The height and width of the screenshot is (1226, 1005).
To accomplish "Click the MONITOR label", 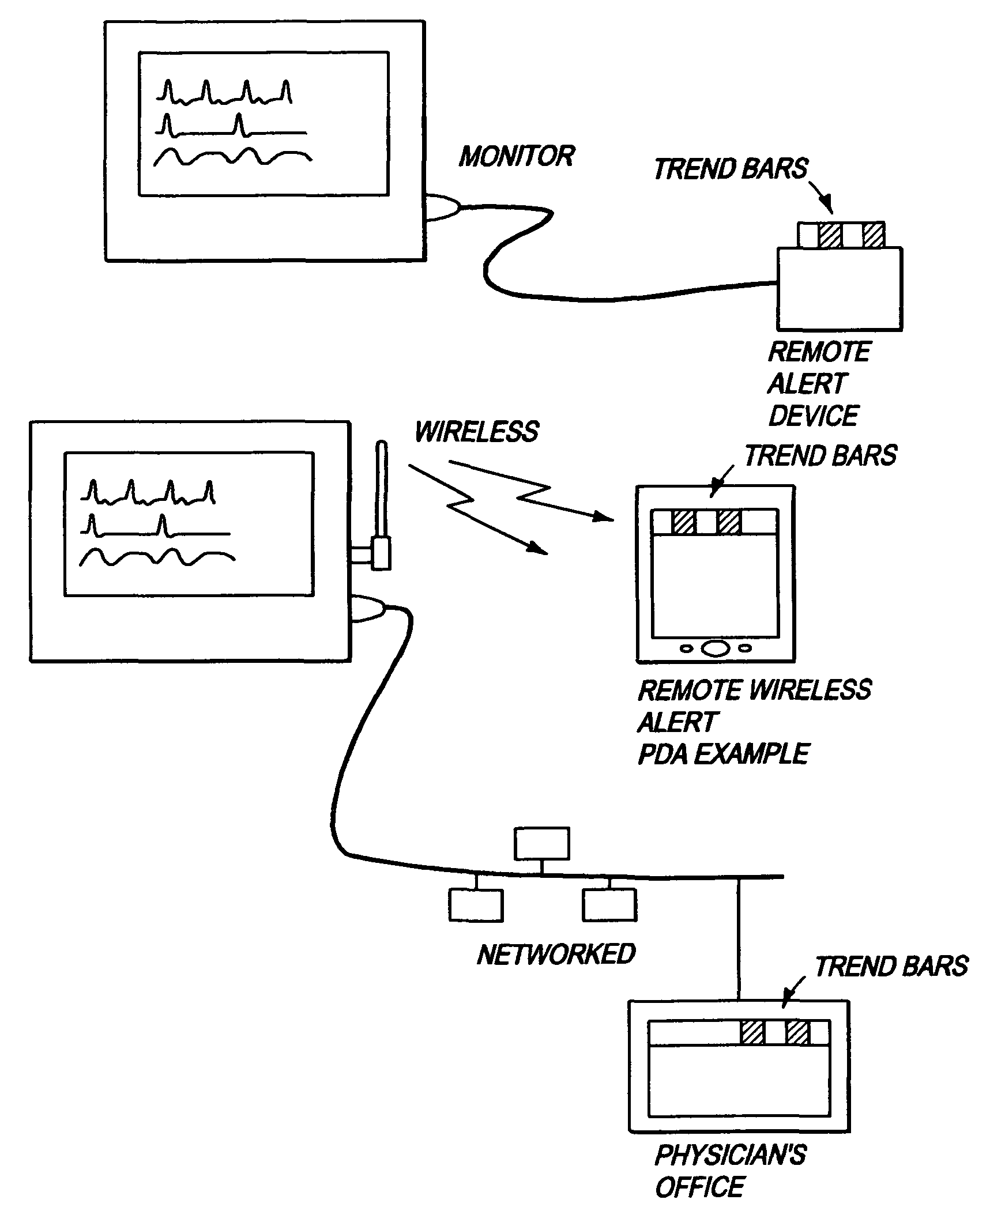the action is [517, 156].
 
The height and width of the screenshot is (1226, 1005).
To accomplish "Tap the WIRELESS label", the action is [476, 432].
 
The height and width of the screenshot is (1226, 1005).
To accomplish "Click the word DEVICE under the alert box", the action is [814, 416].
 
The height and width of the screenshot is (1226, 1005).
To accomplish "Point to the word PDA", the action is [663, 754].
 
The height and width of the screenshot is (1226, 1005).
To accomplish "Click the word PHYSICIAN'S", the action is [731, 1155].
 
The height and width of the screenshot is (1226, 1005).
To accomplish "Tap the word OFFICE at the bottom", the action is [700, 1187].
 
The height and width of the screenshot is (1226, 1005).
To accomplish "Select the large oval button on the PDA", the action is [716, 648].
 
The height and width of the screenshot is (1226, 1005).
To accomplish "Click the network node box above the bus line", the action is [542, 844].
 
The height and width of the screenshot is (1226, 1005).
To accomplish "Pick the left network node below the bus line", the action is [476, 905].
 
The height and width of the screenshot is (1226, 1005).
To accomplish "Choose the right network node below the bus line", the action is [609, 905].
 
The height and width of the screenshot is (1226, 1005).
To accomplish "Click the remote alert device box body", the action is [840, 289].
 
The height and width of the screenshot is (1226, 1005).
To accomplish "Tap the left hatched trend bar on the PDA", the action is [684, 521].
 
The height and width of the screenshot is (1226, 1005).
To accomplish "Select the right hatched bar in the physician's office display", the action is [798, 1032].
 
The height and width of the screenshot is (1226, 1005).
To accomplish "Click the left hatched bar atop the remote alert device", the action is [830, 236].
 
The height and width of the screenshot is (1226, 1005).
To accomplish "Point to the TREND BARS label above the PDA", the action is [820, 455].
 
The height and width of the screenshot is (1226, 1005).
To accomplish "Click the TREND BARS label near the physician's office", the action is [891, 967].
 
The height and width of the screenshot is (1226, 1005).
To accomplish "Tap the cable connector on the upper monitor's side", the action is [443, 207].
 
